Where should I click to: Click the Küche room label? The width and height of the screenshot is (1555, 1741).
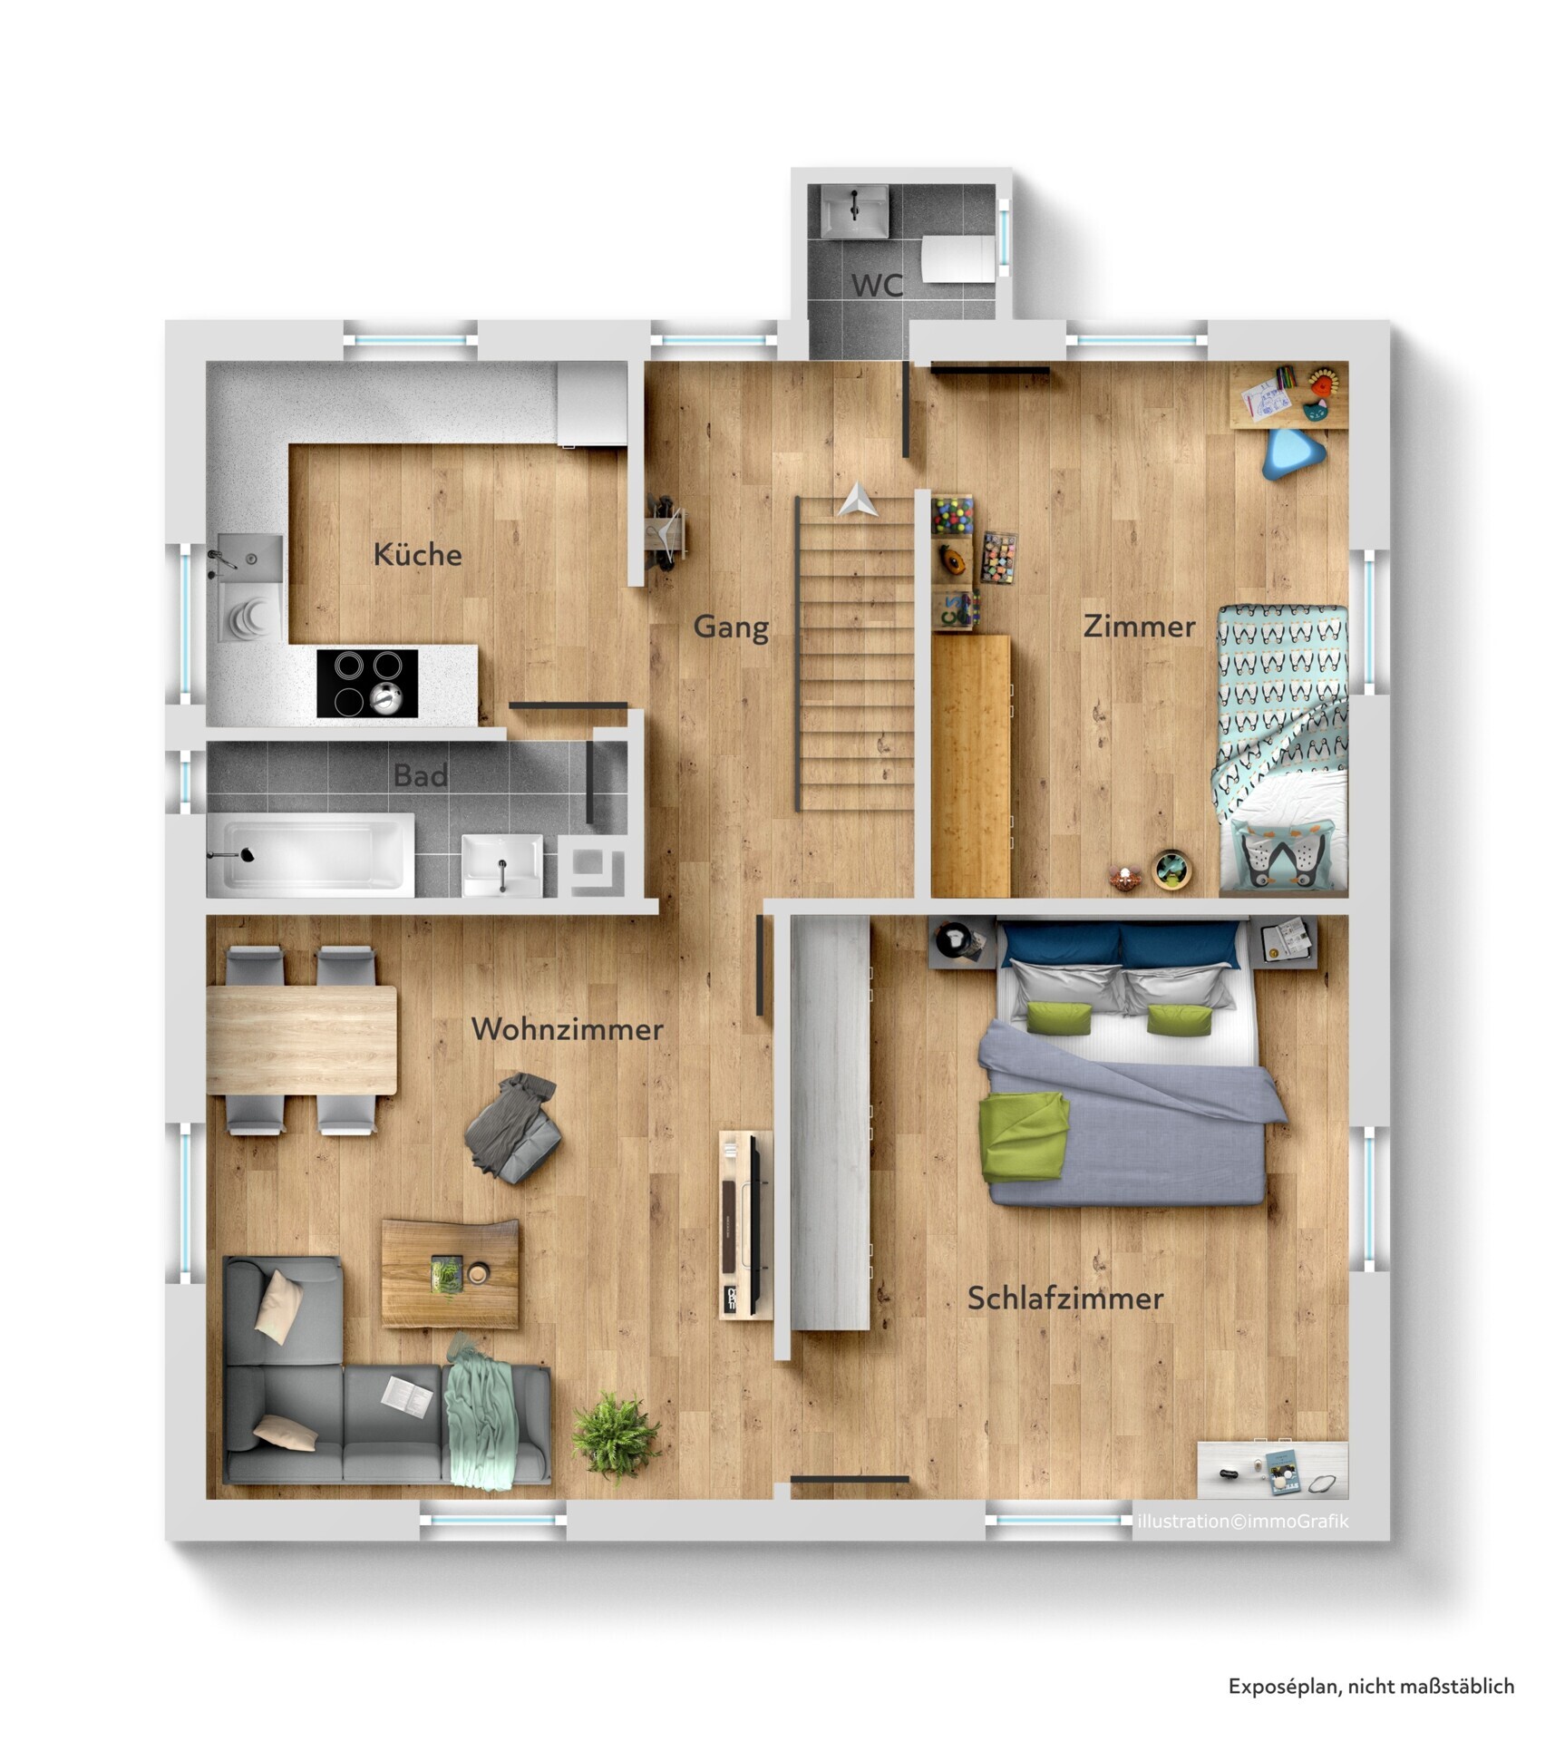(417, 554)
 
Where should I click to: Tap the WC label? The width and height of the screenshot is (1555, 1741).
(877, 285)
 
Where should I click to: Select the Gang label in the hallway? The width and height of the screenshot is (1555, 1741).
(731, 627)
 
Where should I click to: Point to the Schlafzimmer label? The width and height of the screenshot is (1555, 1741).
(1064, 1298)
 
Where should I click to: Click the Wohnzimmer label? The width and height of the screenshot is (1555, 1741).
(567, 1029)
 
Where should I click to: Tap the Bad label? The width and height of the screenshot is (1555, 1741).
(420, 775)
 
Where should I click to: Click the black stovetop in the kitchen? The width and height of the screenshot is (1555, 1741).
(367, 683)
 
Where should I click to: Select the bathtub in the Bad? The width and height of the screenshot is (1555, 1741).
(310, 854)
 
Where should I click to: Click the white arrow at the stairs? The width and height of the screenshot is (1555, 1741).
(856, 501)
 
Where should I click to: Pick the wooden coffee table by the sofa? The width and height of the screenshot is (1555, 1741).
(451, 1273)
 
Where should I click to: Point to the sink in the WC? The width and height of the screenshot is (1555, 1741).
(854, 210)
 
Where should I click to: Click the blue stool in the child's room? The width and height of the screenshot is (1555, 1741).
(1293, 453)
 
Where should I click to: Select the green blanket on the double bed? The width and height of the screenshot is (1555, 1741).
(1024, 1136)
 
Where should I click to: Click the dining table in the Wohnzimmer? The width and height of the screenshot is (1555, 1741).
(302, 1040)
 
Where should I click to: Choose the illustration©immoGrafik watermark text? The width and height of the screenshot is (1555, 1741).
(1242, 1521)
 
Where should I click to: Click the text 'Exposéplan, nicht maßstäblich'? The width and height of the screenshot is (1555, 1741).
(1371, 1686)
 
